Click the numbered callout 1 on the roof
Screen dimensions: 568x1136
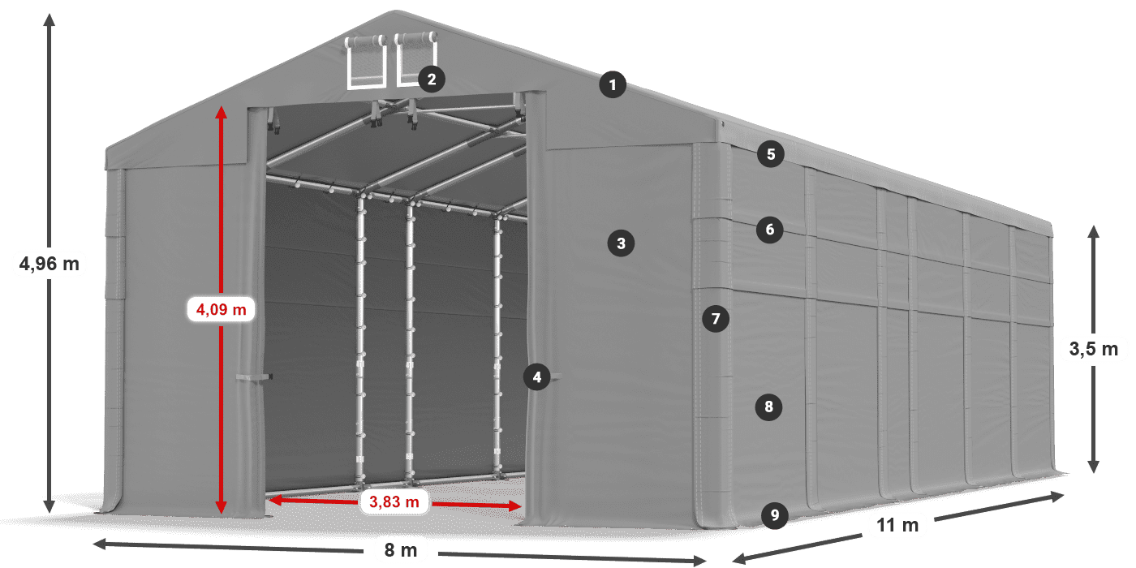pos(613,84)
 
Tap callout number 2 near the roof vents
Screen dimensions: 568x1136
pos(431,79)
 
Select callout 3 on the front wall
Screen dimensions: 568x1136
pos(621,243)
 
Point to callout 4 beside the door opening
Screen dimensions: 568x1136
pos(536,377)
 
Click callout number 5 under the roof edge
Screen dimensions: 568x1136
pos(770,154)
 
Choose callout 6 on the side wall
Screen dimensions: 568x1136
pos(770,230)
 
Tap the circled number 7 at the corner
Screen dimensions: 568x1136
pos(715,319)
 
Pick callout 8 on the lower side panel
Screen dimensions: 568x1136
pos(768,406)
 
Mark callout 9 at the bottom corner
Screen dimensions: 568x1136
pos(775,514)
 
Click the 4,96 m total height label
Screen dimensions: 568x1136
pos(49,263)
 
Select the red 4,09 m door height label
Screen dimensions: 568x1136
pos(221,309)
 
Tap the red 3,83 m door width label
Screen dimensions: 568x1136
pos(394,502)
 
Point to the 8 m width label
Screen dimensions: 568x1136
pos(400,551)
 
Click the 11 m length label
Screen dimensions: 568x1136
pos(897,526)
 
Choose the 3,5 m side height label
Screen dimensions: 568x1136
pos(1093,350)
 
